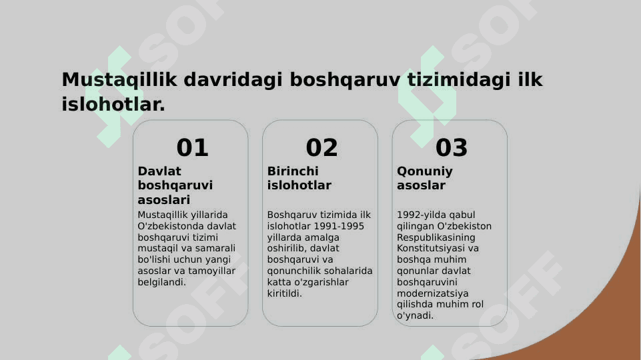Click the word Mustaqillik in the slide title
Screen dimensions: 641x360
coord(119,80)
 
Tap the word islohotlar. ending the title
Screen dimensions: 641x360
coord(113,104)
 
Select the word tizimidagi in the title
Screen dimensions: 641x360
coord(459,80)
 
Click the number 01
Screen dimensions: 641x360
coord(192,147)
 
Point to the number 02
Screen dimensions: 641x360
coord(322,147)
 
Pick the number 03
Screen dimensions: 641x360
coord(452,147)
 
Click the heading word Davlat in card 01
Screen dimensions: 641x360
coord(159,171)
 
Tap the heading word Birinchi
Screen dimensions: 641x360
coord(293,171)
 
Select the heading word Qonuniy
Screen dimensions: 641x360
coord(425,171)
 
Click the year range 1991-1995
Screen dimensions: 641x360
coord(339,226)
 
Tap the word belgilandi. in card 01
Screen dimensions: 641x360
coord(161,283)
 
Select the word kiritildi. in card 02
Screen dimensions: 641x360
coord(285,293)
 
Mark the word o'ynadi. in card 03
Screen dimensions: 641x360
coord(415,316)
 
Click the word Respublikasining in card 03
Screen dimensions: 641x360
coord(436,237)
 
